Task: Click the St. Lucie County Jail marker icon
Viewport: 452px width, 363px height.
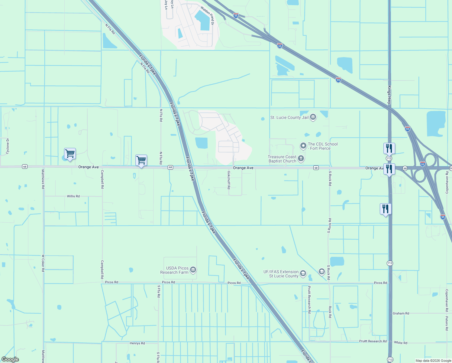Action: (x=313, y=117)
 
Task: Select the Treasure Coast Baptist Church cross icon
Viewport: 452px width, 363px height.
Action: (x=301, y=158)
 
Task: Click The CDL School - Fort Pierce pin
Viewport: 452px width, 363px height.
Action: (x=303, y=146)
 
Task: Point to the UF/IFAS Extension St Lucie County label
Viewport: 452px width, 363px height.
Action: (x=281, y=274)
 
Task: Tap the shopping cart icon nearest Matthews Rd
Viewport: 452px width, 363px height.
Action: (x=70, y=154)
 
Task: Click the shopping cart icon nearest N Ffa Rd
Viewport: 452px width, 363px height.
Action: (x=141, y=160)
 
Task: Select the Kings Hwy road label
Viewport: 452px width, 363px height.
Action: (x=389, y=95)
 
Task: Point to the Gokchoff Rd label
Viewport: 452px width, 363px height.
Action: (x=229, y=180)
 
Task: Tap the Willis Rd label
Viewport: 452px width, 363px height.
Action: (x=73, y=196)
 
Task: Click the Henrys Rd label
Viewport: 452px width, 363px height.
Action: (x=137, y=343)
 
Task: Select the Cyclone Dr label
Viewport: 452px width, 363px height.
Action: (x=8, y=146)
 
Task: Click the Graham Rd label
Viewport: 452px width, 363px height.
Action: (x=401, y=313)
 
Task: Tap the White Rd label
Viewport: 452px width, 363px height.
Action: (x=401, y=343)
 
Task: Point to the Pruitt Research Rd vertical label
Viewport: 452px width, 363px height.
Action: (x=309, y=299)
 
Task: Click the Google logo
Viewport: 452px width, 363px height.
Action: (x=10, y=359)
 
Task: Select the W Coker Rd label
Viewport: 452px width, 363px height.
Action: (x=43, y=263)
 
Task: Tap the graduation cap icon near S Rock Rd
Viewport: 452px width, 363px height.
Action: (x=321, y=271)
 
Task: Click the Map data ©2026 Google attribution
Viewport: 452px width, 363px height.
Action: (x=433, y=361)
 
